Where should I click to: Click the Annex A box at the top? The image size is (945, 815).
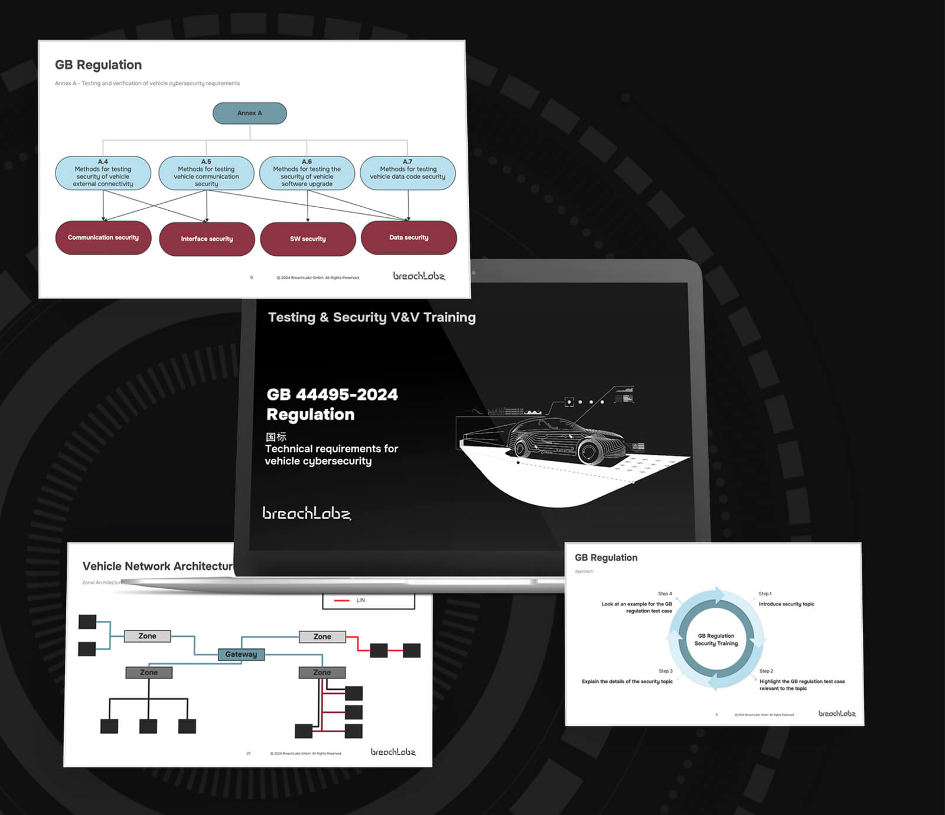(x=249, y=113)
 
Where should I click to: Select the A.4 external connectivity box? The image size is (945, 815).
(x=103, y=173)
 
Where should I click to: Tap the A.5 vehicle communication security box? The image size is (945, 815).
(x=206, y=173)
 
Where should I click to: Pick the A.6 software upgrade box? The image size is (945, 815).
(x=307, y=173)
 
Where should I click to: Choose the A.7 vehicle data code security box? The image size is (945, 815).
(x=408, y=173)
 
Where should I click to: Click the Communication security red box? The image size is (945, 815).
(x=103, y=238)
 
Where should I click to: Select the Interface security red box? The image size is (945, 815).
(x=207, y=239)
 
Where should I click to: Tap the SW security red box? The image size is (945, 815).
(x=308, y=239)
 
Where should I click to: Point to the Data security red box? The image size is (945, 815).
(x=409, y=238)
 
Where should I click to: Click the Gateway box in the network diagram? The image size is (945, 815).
(x=241, y=654)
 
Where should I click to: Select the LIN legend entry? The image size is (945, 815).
(x=360, y=601)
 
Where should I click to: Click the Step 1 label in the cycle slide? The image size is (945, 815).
(x=765, y=594)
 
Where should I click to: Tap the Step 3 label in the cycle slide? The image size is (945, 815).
(x=666, y=671)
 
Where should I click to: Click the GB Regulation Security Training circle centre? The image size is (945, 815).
(x=716, y=640)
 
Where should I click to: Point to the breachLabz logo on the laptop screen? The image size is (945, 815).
(x=306, y=513)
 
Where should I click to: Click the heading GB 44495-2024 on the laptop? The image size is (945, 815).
(x=332, y=395)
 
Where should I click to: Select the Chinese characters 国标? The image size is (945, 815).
(x=276, y=437)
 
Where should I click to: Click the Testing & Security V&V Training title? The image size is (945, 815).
(x=372, y=317)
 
